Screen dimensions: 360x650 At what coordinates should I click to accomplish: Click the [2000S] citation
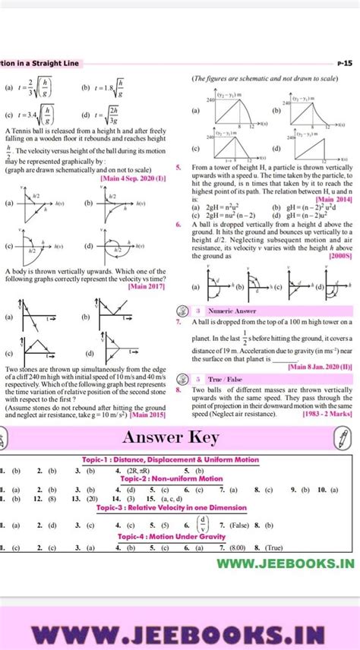point(338,257)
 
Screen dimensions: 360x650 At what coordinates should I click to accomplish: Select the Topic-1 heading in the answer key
point(170,459)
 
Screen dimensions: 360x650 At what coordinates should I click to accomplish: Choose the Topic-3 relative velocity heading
point(170,508)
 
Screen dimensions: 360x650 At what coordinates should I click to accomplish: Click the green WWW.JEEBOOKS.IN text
point(285,563)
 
